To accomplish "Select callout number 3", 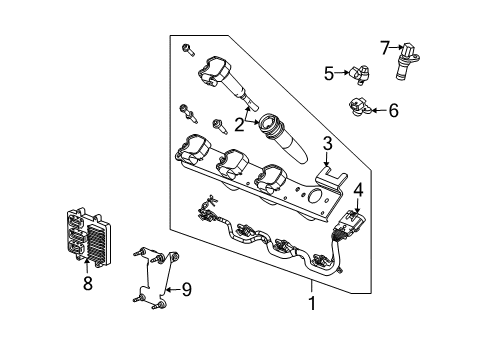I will [326, 146].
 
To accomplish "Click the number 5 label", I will [328, 72].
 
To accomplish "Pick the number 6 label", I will [393, 111].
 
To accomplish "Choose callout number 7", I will [385, 46].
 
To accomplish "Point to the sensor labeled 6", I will [360, 108].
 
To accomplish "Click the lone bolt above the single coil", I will [187, 48].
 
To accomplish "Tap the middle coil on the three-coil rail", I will [233, 163].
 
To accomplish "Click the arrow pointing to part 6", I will [377, 111].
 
